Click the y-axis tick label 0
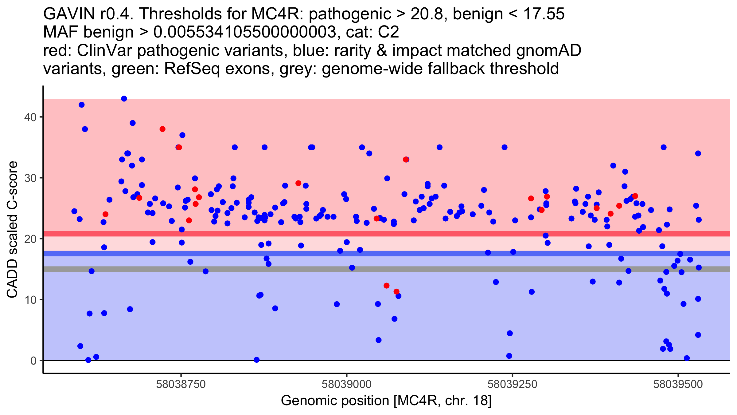point(33,361)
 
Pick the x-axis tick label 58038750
point(181,384)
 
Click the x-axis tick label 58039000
point(347,384)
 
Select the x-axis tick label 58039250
point(513,384)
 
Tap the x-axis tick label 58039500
point(678,384)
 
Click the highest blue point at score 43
point(124,99)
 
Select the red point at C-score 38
point(162,129)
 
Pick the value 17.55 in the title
point(544,14)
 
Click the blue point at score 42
point(82,105)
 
